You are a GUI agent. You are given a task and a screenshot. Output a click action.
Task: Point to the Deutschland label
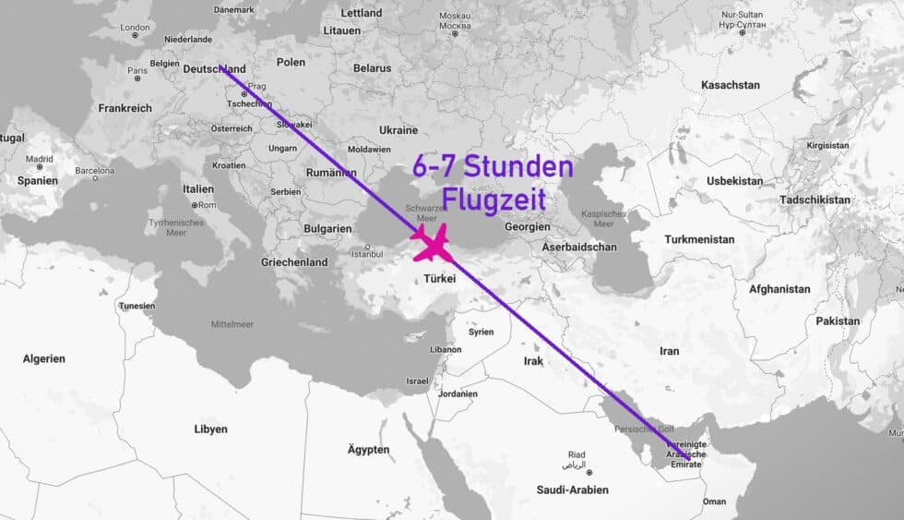[215, 69]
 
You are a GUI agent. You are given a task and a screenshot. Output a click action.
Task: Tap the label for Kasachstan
[731, 85]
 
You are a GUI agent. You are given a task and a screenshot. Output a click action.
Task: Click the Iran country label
[670, 351]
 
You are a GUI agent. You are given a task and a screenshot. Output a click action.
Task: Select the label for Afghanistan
[779, 289]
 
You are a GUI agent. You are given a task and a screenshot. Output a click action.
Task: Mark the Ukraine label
[398, 130]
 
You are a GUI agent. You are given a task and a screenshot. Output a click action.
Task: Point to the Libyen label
[210, 429]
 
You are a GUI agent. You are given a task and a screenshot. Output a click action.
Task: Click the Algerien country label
[44, 358]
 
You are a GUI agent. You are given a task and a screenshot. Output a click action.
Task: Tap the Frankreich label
[125, 108]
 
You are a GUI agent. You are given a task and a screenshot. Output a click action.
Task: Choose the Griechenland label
[294, 262]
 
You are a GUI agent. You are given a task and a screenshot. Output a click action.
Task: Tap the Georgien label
[528, 225]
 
